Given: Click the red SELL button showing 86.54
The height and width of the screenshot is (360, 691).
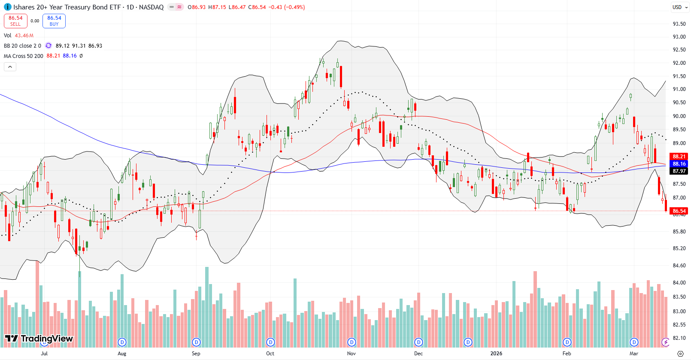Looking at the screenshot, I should tap(15, 21).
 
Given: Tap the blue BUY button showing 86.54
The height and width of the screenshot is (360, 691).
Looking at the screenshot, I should tap(54, 21).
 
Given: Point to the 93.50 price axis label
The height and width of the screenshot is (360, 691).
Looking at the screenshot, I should tap(679, 24).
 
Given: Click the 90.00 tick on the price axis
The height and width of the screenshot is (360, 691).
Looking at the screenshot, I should tap(679, 116).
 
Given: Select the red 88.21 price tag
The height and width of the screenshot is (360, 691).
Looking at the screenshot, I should tap(679, 157).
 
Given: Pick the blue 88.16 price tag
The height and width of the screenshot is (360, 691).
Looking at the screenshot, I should tap(679, 164).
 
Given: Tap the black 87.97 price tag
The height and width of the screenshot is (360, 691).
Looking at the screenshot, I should tap(679, 171).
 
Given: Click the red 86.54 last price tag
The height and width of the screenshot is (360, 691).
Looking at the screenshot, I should tap(679, 211).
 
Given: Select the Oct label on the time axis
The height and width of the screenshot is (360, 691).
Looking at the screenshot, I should tap(270, 354).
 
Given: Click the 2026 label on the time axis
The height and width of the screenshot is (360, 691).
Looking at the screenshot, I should tap(496, 354).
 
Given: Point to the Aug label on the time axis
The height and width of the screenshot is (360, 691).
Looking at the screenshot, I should tap(122, 354).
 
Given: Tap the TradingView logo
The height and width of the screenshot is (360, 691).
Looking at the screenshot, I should tap(39, 339).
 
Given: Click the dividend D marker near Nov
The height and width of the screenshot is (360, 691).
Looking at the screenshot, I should tap(352, 342).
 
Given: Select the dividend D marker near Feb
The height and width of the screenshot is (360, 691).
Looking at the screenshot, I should tap(567, 342).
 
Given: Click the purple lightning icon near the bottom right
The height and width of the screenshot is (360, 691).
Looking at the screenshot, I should tap(665, 342).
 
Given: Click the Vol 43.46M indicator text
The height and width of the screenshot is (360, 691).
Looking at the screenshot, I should tap(19, 36).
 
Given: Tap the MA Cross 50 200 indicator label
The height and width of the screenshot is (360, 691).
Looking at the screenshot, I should tap(24, 56).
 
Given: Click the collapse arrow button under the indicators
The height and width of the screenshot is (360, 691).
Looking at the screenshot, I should tap(10, 67).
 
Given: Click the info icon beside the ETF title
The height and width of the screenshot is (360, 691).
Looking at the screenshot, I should tap(7, 7).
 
